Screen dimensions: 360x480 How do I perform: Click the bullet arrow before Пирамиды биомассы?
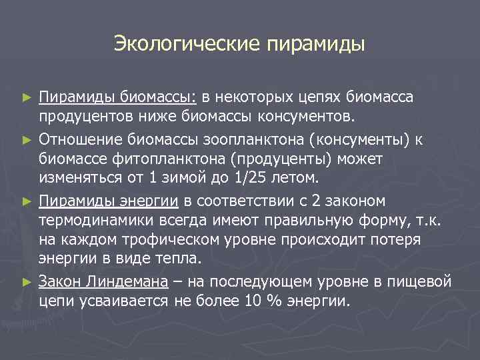[x=27, y=98]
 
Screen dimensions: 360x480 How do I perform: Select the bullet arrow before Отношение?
[x=27, y=140]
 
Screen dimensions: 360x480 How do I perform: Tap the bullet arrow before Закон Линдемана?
[x=27, y=282]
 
